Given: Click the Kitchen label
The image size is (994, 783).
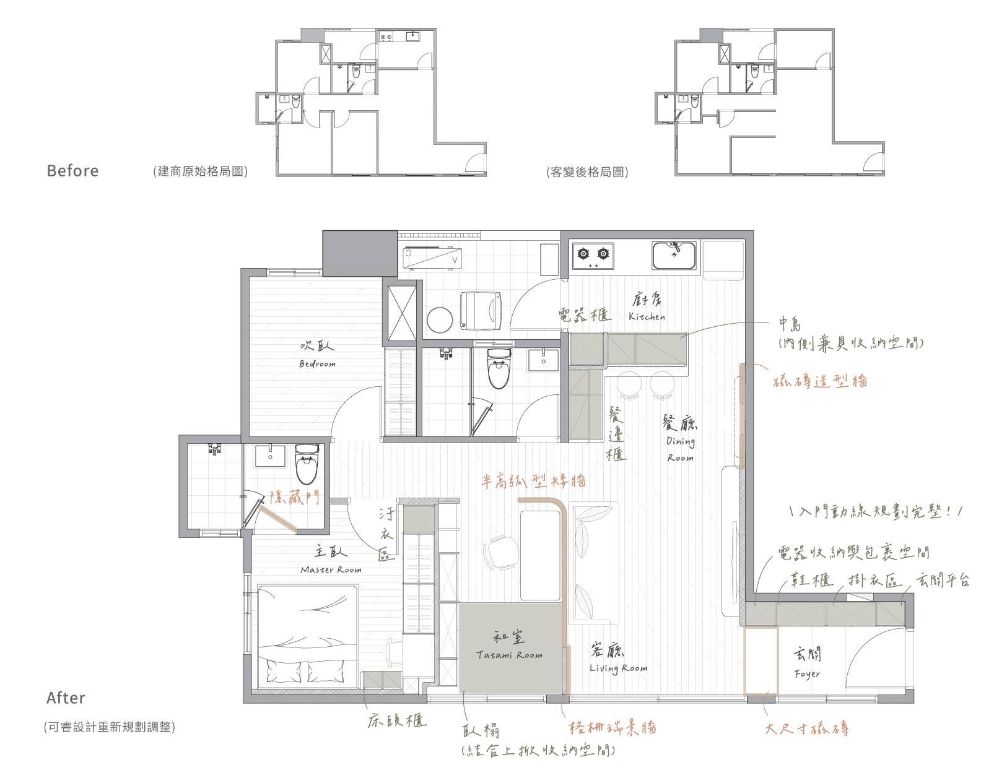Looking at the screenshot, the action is (x=647, y=317).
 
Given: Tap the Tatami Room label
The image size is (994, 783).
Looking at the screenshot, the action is (x=509, y=655).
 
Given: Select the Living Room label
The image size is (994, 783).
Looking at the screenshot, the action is (x=619, y=668).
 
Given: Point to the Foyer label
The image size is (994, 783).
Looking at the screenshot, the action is (x=807, y=674).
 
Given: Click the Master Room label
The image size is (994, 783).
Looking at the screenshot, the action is (x=331, y=569).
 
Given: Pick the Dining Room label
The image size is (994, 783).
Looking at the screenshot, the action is (x=681, y=449).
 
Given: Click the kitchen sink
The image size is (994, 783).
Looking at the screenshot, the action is (x=674, y=255).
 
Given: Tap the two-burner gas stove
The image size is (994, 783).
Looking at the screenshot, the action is (x=593, y=255).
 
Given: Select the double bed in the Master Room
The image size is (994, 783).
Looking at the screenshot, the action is (x=308, y=636).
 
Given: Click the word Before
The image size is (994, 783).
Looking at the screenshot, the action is (x=72, y=171).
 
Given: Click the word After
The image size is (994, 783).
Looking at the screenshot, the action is (x=66, y=698).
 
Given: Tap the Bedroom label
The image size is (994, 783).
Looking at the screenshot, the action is (x=317, y=364).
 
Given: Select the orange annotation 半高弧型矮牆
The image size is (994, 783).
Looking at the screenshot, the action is (x=533, y=482).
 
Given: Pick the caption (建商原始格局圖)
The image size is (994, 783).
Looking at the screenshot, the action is (x=201, y=171).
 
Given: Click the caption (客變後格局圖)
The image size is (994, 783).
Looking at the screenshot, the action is (x=587, y=172).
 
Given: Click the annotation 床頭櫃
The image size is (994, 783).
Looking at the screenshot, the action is (x=397, y=720).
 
